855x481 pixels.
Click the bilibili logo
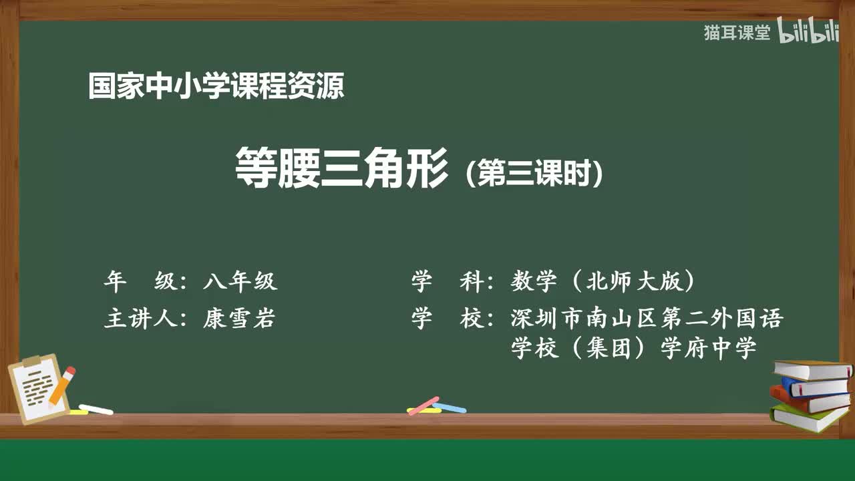click(x=808, y=33)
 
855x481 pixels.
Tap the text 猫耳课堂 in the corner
click(x=737, y=33)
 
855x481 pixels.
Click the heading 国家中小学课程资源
click(x=216, y=87)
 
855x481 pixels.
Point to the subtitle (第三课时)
click(x=535, y=174)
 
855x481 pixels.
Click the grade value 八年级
click(x=240, y=282)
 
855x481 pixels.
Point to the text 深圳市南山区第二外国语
click(x=646, y=319)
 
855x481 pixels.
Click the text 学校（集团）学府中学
click(x=634, y=348)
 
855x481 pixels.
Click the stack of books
click(x=810, y=395)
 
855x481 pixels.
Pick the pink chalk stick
click(x=423, y=406)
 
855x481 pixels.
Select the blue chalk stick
click(x=450, y=407)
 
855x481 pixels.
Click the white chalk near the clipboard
click(x=96, y=409)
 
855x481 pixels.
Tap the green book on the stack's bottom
click(x=808, y=418)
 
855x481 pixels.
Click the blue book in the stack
click(x=815, y=387)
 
